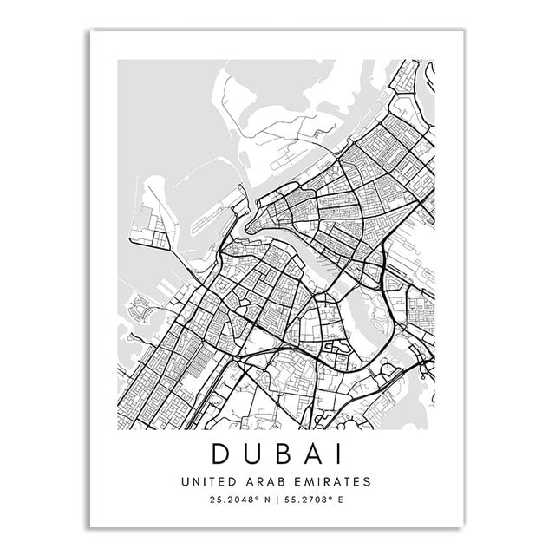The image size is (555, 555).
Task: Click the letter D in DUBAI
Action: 221,453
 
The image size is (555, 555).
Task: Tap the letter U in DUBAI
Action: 253,453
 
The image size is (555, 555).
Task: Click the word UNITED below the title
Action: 206,480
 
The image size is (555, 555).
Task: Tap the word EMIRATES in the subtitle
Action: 330,480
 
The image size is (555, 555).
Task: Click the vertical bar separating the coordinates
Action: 277,500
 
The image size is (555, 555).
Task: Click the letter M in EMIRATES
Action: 304,480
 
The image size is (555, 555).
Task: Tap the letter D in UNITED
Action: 230,480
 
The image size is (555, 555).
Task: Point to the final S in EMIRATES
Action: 367,480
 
